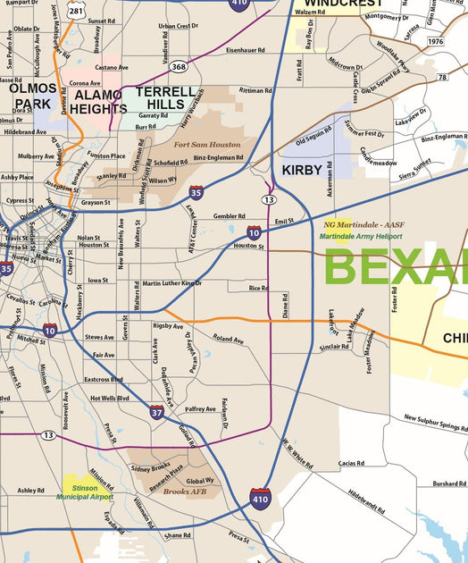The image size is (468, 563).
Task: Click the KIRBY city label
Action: tap(302, 169)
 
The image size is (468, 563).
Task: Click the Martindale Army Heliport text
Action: tap(361, 236)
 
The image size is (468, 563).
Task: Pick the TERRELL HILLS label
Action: tap(166, 98)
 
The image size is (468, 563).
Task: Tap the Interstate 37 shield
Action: tap(157, 411)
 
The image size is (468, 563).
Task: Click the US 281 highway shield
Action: tap(78, 12)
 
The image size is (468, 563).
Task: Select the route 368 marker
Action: tap(179, 67)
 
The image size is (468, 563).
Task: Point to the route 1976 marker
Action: tap(435, 42)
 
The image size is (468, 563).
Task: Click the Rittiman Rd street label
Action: tap(255, 90)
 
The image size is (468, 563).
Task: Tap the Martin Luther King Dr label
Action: tap(172, 283)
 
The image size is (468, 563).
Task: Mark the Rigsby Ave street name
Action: tap(167, 326)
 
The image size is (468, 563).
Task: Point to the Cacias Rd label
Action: tap(351, 464)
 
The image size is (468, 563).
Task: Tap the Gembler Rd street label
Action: tap(229, 216)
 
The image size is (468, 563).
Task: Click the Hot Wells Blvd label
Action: tap(110, 398)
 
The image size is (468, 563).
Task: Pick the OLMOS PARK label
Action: tap(33, 97)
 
